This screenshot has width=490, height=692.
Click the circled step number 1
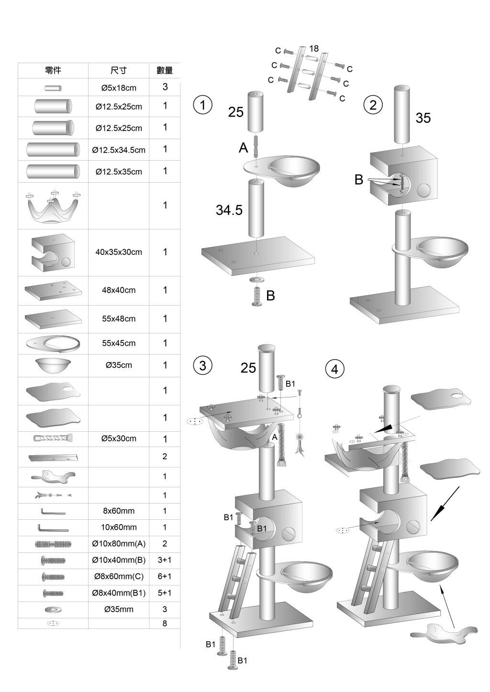202,105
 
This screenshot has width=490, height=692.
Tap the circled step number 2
373,105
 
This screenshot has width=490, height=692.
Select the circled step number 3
202,365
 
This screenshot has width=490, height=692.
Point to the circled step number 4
335,369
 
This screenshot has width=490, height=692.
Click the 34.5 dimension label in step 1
229,210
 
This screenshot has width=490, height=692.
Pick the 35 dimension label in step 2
423,118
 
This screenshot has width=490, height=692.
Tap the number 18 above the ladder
314,48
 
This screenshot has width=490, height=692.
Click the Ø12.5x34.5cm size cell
119,150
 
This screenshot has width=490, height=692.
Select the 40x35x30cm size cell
119,252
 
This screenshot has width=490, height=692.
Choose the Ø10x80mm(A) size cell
119,544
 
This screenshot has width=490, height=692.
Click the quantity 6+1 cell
165,576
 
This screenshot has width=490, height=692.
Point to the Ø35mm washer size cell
119,609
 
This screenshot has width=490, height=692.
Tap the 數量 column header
165,70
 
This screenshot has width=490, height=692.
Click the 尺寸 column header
119,70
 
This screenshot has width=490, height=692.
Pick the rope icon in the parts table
53,438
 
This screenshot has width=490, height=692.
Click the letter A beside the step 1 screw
243,148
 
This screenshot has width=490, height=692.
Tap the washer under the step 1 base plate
256,279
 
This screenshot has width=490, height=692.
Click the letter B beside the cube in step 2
358,180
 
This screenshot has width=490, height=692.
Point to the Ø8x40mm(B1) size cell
119,593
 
